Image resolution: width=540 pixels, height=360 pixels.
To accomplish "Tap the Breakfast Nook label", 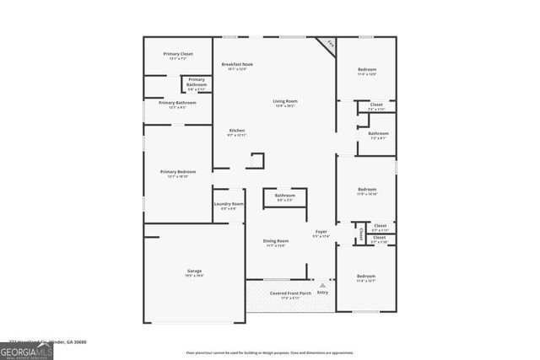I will point(237,66).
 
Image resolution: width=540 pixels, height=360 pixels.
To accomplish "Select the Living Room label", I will point(284,103).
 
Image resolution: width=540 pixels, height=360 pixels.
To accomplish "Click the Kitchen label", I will point(237,132).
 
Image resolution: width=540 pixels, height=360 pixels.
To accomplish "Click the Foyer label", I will point(321,234).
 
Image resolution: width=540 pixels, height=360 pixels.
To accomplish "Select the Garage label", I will point(194,272).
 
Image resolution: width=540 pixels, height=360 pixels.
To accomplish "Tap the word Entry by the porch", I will point(322,292).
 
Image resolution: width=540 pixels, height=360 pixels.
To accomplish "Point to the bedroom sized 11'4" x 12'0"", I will point(366,71).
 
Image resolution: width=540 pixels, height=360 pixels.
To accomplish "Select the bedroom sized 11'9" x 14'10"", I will point(366,191).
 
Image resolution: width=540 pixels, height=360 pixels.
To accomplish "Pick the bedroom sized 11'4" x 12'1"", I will point(365,278).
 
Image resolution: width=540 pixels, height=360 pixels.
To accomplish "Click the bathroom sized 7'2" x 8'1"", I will point(378,135).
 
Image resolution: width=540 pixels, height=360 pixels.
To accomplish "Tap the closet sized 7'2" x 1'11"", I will point(376,107).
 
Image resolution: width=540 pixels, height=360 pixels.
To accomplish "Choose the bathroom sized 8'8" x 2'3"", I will point(284,197).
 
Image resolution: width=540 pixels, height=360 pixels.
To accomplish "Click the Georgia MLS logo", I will point(27,349).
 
